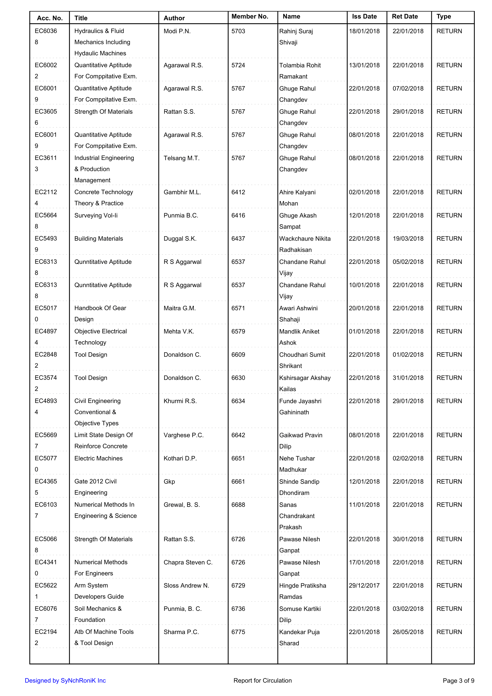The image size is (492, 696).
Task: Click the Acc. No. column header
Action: coord(50,18)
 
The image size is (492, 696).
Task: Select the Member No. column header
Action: coord(250,16)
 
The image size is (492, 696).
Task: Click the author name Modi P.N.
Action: coord(177,31)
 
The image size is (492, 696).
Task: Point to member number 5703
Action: coord(238,31)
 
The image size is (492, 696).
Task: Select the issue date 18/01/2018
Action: coord(364,31)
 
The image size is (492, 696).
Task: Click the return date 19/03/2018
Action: coord(408,239)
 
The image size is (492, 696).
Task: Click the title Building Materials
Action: coord(99,239)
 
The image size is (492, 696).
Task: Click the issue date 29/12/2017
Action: coord(364,585)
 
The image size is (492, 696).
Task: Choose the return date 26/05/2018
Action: coord(408,632)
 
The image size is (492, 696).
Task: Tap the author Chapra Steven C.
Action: coord(188,562)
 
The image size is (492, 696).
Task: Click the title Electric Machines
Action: coord(99,458)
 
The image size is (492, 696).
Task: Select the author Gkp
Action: coord(169,482)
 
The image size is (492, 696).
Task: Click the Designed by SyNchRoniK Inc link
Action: coord(65,681)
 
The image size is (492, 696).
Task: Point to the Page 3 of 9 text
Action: coord(458,681)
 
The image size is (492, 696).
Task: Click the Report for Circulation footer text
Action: coord(262,681)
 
